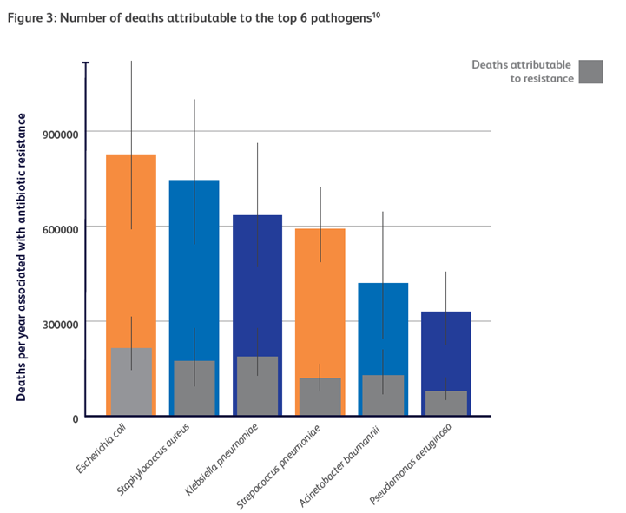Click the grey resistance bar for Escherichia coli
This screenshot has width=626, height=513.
point(131,383)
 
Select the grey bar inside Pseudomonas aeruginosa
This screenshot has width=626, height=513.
point(445,404)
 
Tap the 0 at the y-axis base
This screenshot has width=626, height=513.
point(75,418)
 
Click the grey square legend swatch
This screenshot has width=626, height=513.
point(591,72)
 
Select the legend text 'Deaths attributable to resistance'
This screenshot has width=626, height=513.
point(522,72)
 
